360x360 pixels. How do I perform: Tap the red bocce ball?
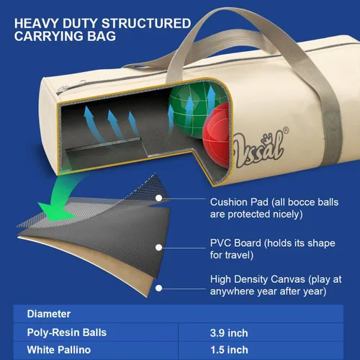point(216,135)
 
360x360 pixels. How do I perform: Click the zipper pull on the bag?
point(61,89)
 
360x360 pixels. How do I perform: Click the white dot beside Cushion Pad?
point(158,198)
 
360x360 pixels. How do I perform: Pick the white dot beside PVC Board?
point(158,248)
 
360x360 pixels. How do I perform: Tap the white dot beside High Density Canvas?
point(158,288)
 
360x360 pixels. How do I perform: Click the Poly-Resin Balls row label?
point(67,333)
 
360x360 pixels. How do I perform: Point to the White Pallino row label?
point(59,350)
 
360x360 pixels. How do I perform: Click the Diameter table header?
point(49,314)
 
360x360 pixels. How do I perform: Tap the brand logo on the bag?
point(259,149)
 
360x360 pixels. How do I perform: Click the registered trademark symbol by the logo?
point(286,130)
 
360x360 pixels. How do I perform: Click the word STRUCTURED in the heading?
point(146,23)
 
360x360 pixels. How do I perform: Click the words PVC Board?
point(235,243)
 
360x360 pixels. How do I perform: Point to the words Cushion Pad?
point(239,202)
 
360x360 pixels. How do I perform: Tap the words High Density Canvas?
point(258,279)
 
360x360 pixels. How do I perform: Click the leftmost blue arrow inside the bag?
point(92,125)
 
